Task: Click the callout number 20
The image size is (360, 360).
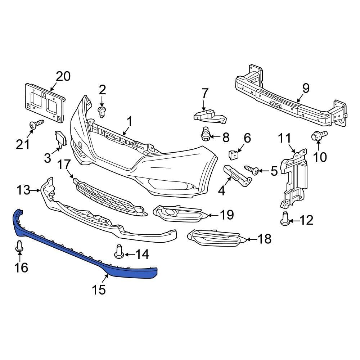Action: click(x=63, y=76)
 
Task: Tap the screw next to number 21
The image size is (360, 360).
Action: click(x=36, y=125)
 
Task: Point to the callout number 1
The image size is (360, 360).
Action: click(x=129, y=122)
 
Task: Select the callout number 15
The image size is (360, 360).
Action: click(x=99, y=289)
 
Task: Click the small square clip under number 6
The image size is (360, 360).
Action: click(x=234, y=155)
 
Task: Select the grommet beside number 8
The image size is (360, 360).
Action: click(x=206, y=135)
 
